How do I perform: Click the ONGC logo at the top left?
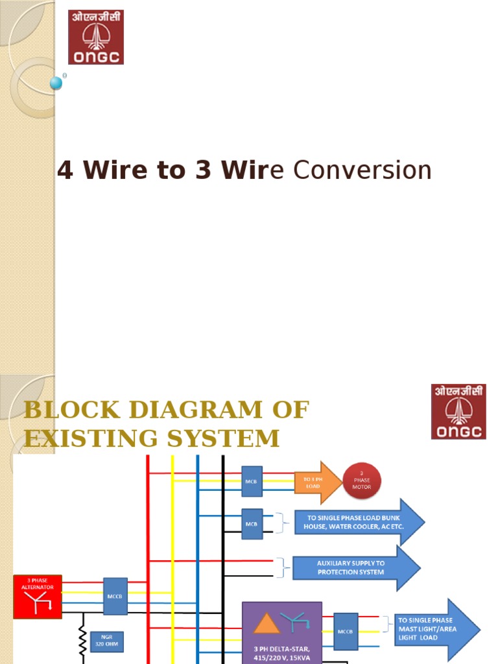click(x=96, y=37)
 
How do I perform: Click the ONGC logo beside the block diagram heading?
click(x=458, y=411)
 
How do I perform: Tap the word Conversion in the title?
click(x=362, y=171)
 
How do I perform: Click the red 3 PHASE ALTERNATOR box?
click(x=38, y=596)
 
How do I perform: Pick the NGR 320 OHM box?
click(x=106, y=642)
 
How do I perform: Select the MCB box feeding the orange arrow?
click(x=252, y=481)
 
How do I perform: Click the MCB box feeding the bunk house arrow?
click(x=252, y=523)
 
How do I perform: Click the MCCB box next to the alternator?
click(x=115, y=596)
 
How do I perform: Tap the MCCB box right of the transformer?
click(x=346, y=630)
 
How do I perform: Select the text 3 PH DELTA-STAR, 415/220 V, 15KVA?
click(x=282, y=653)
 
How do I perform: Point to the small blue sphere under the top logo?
click(x=56, y=83)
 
